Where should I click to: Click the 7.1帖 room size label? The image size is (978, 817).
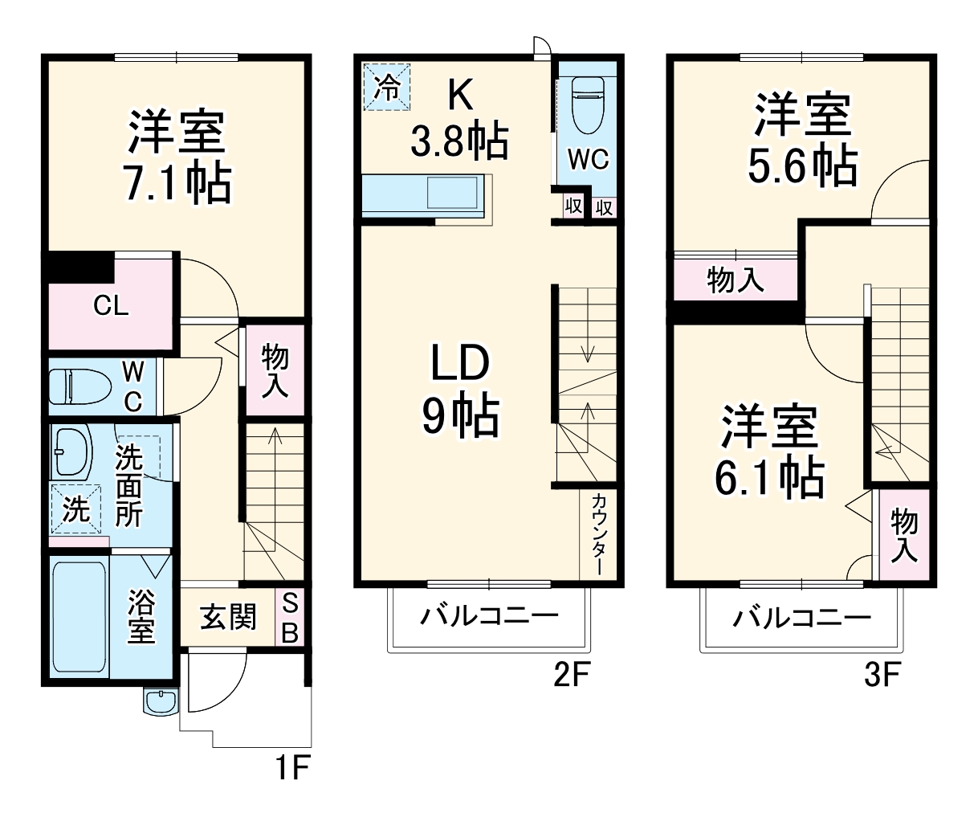(176, 184)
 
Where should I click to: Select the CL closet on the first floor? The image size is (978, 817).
(111, 306)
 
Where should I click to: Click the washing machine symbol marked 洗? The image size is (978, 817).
(76, 509)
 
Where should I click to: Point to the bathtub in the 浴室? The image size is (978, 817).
(79, 617)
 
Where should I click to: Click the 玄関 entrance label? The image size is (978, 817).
(227, 618)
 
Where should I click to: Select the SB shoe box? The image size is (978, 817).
(290, 618)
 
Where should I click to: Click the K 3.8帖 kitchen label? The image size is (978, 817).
(458, 121)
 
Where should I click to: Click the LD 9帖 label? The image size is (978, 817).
(460, 390)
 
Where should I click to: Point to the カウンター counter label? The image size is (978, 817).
(599, 533)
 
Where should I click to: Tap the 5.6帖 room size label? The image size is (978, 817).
(801, 166)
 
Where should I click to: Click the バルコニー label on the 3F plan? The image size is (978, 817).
(801, 618)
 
